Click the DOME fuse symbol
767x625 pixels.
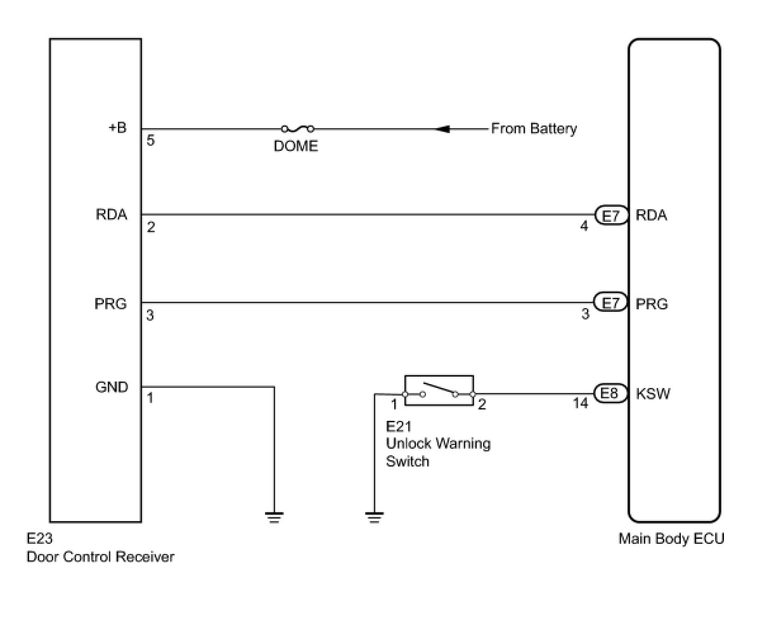297,129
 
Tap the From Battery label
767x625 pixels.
534,129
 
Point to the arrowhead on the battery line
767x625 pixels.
442,129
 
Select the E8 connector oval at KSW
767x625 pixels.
610,393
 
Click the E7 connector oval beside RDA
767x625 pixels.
611,216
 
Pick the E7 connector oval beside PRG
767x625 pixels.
610,302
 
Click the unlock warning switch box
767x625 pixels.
439,390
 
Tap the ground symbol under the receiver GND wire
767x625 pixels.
274,517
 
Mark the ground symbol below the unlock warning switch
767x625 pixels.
375,517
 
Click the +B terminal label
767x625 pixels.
118,127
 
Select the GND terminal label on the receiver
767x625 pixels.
112,387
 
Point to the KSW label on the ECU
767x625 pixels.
653,394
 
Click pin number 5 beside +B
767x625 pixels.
150,141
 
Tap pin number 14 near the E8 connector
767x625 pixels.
581,403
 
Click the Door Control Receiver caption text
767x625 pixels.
100,557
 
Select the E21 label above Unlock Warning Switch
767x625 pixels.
398,426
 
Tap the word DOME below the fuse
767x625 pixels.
295,146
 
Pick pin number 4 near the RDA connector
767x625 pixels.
584,226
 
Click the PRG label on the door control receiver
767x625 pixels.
110,304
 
